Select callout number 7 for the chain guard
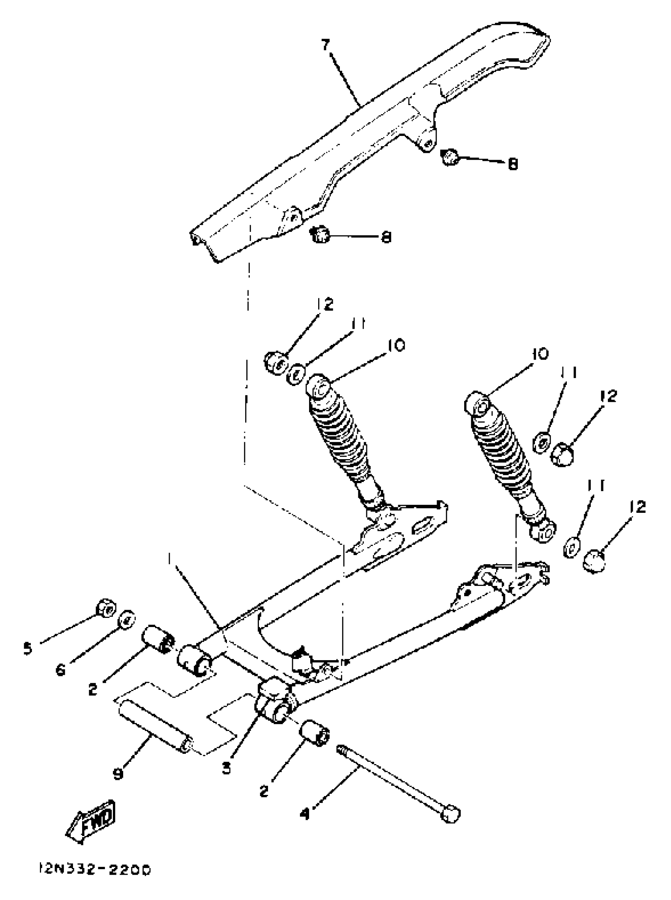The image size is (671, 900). pyautogui.click(x=326, y=45)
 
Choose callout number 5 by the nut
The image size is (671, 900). pyautogui.click(x=27, y=648)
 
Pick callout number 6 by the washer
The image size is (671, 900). pyautogui.click(x=61, y=670)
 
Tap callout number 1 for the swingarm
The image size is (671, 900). pyautogui.click(x=169, y=560)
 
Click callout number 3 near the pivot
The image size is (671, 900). pyautogui.click(x=226, y=768)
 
